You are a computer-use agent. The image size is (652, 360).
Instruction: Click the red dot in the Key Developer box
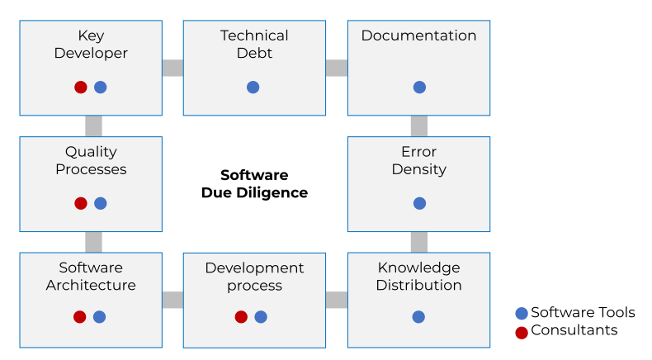pos(81,87)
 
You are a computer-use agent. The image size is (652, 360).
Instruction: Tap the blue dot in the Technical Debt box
pos(253,87)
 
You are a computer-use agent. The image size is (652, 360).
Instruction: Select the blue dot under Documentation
pos(419,87)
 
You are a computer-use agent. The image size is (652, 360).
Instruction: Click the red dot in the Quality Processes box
pos(81,203)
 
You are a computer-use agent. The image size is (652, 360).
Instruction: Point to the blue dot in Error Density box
pos(419,203)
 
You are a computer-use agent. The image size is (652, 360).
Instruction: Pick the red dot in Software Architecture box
pos(80,316)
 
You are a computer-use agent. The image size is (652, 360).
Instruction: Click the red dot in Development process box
pos(241,316)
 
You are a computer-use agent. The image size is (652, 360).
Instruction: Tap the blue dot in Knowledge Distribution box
pos(418,316)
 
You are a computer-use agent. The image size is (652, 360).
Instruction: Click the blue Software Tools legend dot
pos(521,313)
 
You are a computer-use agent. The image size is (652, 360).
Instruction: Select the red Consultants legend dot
pos(521,333)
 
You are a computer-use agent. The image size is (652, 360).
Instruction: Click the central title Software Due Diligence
pos(254,184)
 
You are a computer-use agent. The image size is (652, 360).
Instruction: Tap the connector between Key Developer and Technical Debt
pos(172,68)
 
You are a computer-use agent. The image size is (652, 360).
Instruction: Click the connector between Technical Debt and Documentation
pos(337,68)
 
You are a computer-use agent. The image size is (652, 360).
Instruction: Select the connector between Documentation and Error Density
pos(419,126)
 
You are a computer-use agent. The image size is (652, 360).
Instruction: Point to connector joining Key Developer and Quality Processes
pos(93,126)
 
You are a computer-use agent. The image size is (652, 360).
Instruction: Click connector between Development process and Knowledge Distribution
pos(337,300)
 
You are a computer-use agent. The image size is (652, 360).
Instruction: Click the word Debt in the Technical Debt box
pos(254,54)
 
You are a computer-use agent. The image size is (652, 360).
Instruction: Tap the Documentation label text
pos(418,36)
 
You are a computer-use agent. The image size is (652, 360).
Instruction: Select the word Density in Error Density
pos(418,169)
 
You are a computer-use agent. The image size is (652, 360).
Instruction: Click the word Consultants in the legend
pos(574,330)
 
